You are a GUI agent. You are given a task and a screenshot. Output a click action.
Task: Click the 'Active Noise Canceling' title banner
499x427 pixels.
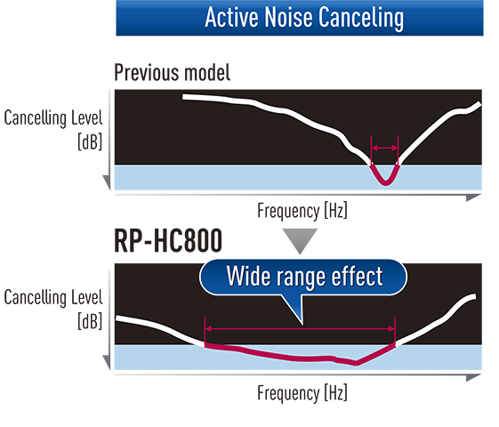pos(300,18)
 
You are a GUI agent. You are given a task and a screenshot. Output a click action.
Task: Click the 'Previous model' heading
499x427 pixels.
pos(173,73)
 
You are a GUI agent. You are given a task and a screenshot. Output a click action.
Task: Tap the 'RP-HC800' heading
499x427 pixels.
pos(168,240)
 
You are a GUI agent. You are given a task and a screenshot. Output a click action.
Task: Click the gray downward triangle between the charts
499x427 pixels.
pos(300,239)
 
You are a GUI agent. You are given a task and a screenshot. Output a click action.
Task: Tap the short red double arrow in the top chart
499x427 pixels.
pos(384,148)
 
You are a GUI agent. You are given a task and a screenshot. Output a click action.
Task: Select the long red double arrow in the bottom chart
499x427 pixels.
pos(300,329)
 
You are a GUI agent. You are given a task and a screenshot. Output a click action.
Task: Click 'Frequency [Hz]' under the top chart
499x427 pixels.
pos(302,211)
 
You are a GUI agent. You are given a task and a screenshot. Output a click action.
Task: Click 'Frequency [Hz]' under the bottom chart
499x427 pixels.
pos(302,393)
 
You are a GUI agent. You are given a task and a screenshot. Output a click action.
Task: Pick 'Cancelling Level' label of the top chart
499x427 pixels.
pos(53,118)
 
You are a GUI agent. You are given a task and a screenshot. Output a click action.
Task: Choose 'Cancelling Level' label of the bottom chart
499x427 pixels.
pos(53,297)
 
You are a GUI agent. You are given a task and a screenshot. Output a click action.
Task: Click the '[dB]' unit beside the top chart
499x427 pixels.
pos(90,141)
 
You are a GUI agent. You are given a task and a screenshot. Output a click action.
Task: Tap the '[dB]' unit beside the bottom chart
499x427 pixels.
pos(90,321)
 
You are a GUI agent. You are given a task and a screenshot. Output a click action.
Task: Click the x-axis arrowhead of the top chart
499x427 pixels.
pos(473,197)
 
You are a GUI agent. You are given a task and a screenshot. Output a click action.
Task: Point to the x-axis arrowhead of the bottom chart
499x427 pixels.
pos(473,378)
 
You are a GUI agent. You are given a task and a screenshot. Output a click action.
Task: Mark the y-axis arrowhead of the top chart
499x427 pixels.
pos(107,182)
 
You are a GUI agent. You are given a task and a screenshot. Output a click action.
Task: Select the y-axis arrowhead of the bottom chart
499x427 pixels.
pos(107,362)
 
